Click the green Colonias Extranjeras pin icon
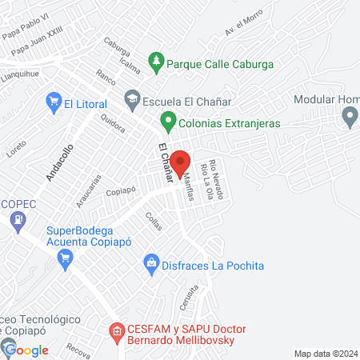point(168,122)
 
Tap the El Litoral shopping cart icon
point(54,102)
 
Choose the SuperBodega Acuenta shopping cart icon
point(66,257)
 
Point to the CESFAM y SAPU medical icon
point(117,330)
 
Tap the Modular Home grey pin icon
point(349,118)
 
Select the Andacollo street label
point(59,162)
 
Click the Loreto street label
point(16,149)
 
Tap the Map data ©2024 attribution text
point(326,354)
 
